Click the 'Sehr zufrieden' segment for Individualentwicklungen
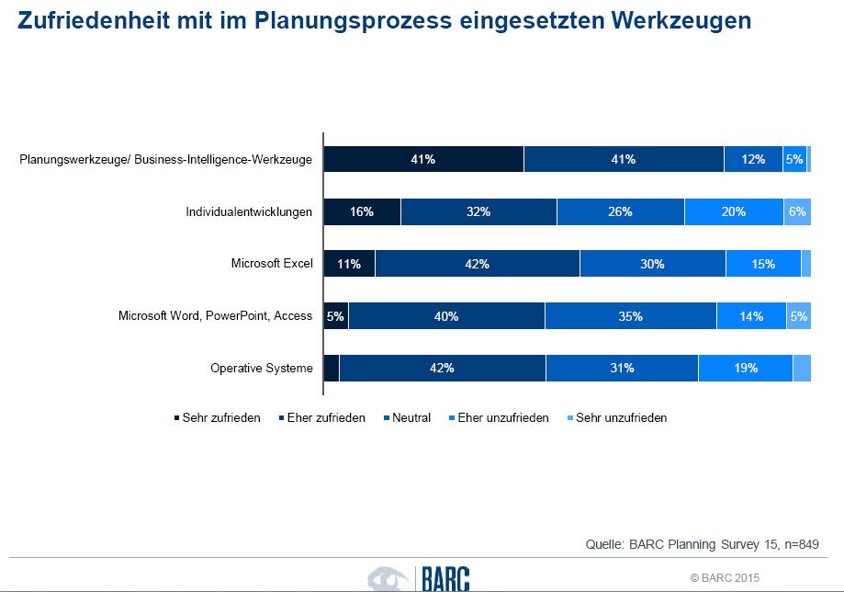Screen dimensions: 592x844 pyautogui.click(x=362, y=211)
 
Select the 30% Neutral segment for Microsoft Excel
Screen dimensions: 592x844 pyautogui.click(x=652, y=264)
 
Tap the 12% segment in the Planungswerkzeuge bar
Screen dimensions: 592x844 pyautogui.click(x=753, y=159)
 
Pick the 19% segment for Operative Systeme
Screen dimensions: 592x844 pyautogui.click(x=745, y=368)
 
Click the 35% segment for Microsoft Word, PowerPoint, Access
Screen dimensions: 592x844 pyautogui.click(x=630, y=316)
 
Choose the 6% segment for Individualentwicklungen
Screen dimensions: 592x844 pyautogui.click(x=796, y=211)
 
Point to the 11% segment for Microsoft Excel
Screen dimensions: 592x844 pyautogui.click(x=349, y=264)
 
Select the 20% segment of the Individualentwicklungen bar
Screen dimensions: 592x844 pyautogui.click(x=733, y=211)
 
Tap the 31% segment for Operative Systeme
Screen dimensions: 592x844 pyautogui.click(x=622, y=368)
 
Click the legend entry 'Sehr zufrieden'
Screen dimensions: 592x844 pyautogui.click(x=217, y=417)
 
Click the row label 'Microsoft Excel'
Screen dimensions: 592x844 pyautogui.click(x=272, y=264)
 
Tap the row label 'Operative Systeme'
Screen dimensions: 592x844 pyautogui.click(x=262, y=369)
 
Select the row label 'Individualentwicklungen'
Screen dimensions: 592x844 pyautogui.click(x=249, y=211)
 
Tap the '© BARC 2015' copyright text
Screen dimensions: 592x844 pyautogui.click(x=726, y=577)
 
